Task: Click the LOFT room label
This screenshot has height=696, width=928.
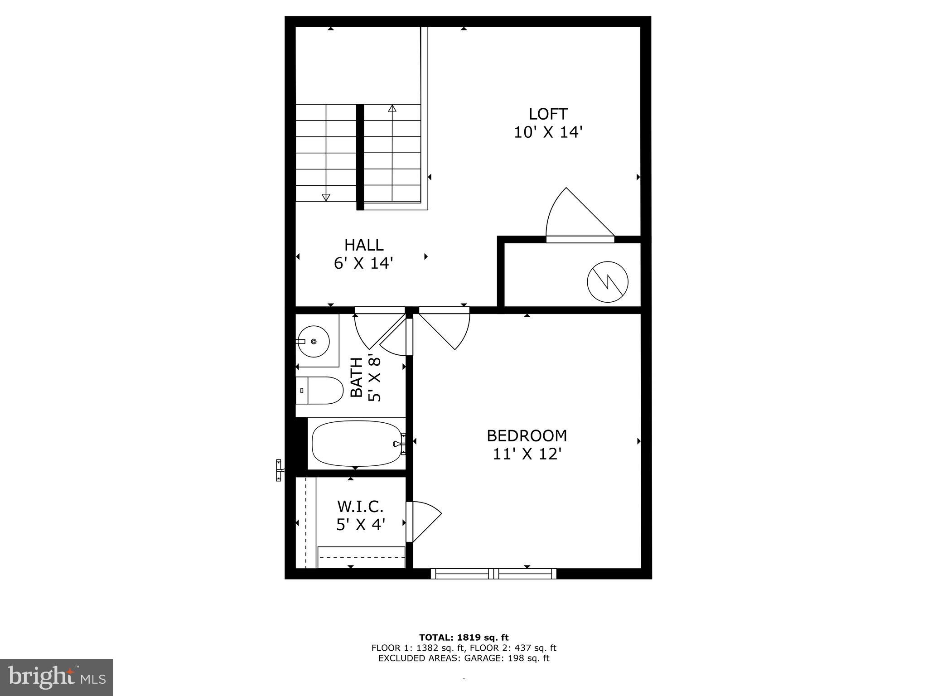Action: [548, 114]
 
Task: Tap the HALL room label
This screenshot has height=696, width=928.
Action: [364, 245]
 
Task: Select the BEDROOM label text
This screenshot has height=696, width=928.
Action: [527, 436]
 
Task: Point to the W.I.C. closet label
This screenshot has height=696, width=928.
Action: [361, 506]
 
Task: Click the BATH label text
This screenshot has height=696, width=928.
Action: [357, 377]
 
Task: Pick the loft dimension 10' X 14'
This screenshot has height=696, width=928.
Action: [548, 132]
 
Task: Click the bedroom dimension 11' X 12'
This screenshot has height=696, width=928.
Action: [527, 454]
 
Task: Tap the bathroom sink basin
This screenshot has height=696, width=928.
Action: [314, 341]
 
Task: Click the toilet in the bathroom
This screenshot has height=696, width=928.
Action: [319, 390]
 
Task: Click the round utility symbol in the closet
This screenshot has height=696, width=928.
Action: [608, 282]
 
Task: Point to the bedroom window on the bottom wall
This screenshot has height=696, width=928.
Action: [493, 574]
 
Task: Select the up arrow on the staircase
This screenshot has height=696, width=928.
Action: [392, 109]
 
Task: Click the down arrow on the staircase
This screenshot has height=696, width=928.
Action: [326, 197]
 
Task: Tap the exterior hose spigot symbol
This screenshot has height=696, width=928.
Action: [279, 470]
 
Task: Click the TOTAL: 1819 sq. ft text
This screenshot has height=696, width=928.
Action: [464, 638]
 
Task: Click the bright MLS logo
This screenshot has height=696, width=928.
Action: [57, 677]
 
